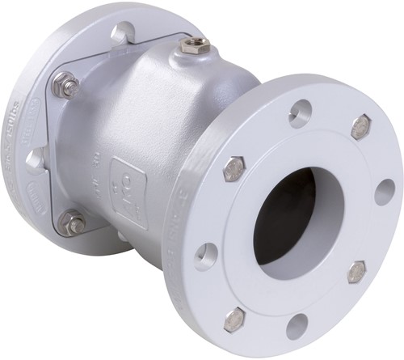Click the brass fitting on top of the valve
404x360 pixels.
[194, 45]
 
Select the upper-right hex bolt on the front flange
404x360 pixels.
[361, 127]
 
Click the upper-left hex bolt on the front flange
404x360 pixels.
[234, 169]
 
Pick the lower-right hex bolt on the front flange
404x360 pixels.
[356, 272]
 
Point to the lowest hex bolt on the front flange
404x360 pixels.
[234, 319]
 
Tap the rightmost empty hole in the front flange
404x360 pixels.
[385, 193]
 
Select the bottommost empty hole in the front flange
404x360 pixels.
[297, 325]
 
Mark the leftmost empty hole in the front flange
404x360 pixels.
[206, 256]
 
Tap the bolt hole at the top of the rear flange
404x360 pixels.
[123, 33]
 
